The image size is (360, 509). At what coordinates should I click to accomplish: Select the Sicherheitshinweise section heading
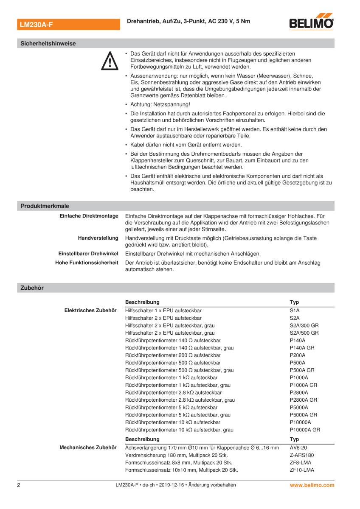coord(48,43)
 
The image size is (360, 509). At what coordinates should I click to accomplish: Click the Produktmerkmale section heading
coord(45,206)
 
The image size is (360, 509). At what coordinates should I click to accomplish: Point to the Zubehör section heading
coord(32,288)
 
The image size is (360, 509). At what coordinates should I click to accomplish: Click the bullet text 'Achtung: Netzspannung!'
coord(160,104)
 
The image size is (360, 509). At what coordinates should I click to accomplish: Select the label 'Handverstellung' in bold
coord(98,238)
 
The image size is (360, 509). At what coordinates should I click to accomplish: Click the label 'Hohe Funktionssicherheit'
coord(87,263)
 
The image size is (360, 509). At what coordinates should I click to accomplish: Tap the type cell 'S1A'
coord(295,310)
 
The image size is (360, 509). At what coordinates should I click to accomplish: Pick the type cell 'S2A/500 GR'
coord(304,333)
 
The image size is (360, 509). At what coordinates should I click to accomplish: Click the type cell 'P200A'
coord(298,355)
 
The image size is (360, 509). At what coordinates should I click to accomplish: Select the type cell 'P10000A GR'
coord(305,430)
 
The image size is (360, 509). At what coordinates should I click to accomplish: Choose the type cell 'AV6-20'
coord(298,447)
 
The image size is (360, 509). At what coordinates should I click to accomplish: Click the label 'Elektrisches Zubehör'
coord(90,310)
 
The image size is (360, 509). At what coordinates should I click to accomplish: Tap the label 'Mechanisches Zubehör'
coord(87,447)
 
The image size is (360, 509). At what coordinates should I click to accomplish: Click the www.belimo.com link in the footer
coord(312,485)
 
